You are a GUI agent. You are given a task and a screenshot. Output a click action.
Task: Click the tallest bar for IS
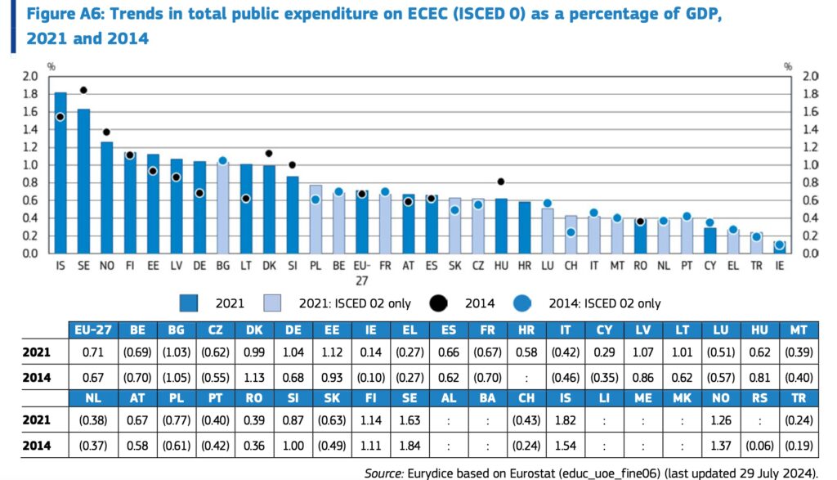point(60,173)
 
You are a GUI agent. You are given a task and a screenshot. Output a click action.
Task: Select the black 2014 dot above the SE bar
point(83,90)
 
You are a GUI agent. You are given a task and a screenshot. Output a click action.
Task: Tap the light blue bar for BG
point(222,208)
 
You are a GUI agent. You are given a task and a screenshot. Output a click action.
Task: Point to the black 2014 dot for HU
point(501,182)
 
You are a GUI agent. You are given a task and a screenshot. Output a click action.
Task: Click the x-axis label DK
point(269,267)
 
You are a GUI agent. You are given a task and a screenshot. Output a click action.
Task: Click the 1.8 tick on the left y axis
point(31,93)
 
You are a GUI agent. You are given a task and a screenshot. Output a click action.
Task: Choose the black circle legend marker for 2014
point(440,303)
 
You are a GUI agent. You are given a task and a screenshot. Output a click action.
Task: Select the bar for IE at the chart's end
point(779,247)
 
